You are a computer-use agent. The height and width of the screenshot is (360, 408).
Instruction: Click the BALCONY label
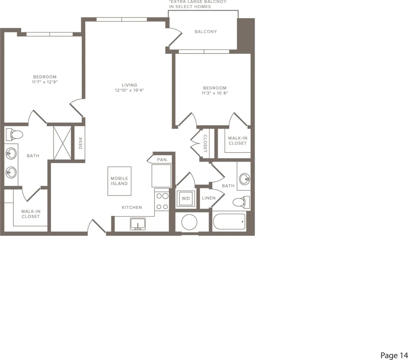[x=206, y=32]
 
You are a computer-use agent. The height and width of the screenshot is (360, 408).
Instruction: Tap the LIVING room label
[x=129, y=85]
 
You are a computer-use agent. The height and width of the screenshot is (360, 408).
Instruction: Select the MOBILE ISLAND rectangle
[x=119, y=181]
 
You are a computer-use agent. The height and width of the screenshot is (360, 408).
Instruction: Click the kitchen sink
[x=138, y=224]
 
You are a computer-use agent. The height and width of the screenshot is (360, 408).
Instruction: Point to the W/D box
[x=186, y=198]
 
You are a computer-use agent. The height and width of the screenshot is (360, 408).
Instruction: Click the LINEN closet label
[x=209, y=198]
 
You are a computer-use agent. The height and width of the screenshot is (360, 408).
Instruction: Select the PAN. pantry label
[x=162, y=160]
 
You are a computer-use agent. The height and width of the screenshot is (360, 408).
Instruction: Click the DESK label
[x=81, y=143]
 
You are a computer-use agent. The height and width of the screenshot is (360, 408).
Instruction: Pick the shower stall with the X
[x=62, y=143]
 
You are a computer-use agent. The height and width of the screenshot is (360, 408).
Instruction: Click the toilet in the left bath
[x=14, y=134]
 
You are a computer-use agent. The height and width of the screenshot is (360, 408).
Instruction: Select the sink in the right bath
[x=244, y=179]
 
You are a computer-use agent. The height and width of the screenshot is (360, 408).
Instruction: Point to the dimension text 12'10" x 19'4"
[x=129, y=90]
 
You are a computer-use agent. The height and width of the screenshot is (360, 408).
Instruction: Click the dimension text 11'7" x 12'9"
[x=45, y=82]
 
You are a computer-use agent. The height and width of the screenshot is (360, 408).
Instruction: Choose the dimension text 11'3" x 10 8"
[x=215, y=93]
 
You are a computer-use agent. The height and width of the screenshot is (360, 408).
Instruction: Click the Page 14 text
[x=394, y=355]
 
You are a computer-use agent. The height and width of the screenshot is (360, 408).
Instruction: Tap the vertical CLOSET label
[x=205, y=143]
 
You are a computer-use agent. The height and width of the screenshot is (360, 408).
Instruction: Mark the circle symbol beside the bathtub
[x=189, y=222]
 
